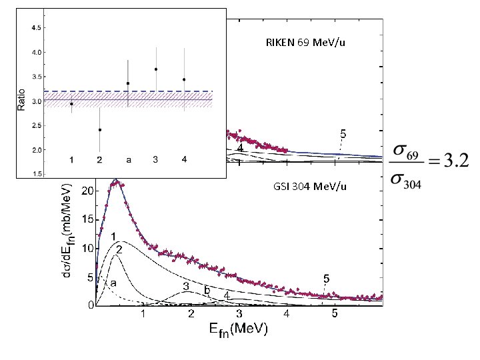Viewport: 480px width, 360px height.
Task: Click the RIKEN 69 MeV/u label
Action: coord(305,43)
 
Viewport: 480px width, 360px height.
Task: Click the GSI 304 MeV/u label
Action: coord(309,187)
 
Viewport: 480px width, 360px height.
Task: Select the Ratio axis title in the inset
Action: coord(21,100)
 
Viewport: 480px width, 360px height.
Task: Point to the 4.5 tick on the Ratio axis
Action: coord(38,28)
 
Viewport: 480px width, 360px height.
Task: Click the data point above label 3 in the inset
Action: coord(156,69)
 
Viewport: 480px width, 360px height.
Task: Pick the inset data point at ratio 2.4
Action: coord(100,130)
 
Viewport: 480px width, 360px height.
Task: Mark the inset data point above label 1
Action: coord(71,104)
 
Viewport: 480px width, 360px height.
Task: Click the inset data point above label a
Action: coord(128,83)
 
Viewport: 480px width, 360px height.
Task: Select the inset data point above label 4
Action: coord(184,79)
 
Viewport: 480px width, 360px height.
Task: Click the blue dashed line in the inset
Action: coord(128,91)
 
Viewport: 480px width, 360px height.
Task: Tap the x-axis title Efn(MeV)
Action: coord(239,330)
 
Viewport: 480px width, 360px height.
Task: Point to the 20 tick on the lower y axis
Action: coord(86,191)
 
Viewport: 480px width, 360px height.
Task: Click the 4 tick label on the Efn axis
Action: coord(287,314)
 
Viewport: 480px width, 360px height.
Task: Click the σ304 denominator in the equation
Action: coord(406,181)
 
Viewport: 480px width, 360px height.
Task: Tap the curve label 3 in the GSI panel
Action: coord(186,287)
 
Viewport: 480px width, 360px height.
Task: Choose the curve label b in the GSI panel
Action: coord(207,290)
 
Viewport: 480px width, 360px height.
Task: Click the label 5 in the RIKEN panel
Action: coord(343,134)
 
